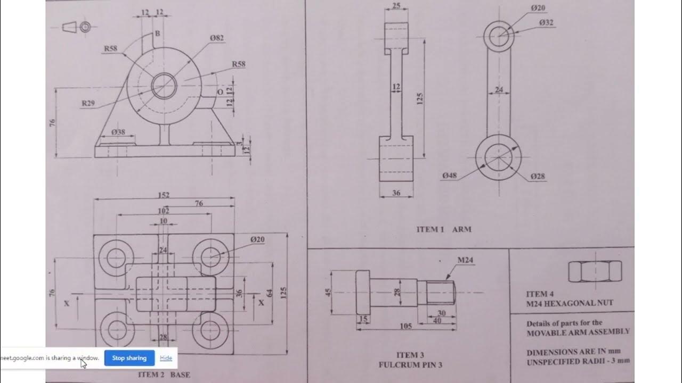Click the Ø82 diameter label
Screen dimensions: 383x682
[216, 38]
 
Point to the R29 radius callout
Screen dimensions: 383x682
[88, 103]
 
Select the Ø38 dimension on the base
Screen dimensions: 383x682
[118, 131]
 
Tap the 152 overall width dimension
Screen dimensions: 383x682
[164, 195]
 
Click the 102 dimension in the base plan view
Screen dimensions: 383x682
[164, 211]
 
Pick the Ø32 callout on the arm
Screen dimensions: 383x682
[546, 22]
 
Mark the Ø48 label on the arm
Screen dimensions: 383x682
[449, 176]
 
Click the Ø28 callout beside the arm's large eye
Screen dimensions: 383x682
[538, 176]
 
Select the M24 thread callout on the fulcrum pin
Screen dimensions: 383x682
[465, 260]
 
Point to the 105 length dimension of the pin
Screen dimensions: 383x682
[405, 326]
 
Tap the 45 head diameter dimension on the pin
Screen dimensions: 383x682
[328, 292]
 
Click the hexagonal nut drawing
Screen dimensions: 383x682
[595, 271]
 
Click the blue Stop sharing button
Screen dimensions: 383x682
[129, 358]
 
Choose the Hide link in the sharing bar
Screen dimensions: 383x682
[166, 358]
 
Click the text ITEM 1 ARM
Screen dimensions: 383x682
[444, 230]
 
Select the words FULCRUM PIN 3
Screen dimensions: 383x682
[410, 365]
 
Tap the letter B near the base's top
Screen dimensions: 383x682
[157, 34]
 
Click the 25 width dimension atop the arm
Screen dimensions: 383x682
[396, 5]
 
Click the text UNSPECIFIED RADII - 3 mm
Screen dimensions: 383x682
[578, 361]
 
